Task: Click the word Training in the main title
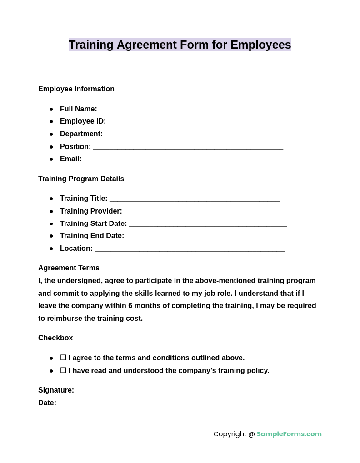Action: tap(91, 45)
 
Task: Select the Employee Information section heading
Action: tap(76, 89)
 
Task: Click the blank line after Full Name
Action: tap(190, 110)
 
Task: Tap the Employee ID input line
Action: tap(195, 122)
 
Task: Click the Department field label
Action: tap(81, 134)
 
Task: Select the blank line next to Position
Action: tap(188, 147)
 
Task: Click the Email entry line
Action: tap(183, 159)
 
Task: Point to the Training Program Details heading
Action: tap(81, 179)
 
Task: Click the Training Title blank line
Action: tap(194, 199)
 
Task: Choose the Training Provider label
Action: tap(91, 211)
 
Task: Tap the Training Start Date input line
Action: tap(208, 224)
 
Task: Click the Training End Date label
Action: tap(92, 236)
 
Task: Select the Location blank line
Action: tap(190, 249)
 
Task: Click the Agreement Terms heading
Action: tap(69, 268)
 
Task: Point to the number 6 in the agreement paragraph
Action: tap(130, 306)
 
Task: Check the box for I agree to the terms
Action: tap(63, 358)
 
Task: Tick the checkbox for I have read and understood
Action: tap(63, 371)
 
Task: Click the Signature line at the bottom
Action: tap(161, 391)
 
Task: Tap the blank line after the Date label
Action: tap(153, 403)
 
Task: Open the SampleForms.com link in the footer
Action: tap(289, 434)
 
